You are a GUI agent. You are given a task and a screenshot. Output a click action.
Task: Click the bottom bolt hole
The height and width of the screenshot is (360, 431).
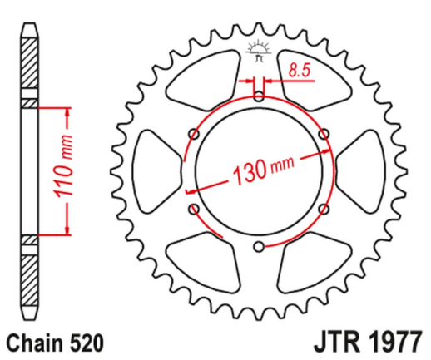coord(259,246)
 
